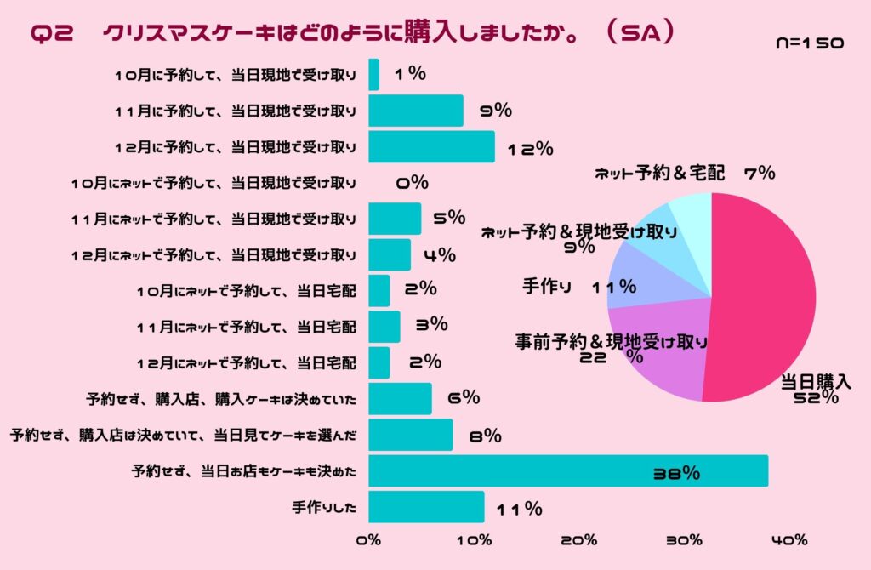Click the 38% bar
click(567, 471)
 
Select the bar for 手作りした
click(426, 507)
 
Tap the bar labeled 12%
click(431, 146)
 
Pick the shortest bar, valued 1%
click(373, 75)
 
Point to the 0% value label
click(413, 182)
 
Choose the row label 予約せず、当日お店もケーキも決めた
click(244, 470)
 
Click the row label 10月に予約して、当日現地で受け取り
click(236, 75)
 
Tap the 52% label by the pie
click(811, 398)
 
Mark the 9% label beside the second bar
click(494, 110)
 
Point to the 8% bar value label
click(484, 436)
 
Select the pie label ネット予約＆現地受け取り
click(579, 231)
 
